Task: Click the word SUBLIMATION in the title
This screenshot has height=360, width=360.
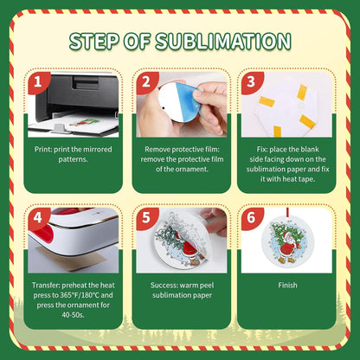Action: pyautogui.click(x=223, y=41)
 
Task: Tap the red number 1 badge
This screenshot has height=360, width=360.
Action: pyautogui.click(x=37, y=82)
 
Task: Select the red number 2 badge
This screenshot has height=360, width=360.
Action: pyautogui.click(x=145, y=82)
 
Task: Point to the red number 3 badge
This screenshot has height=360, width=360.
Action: pyautogui.click(x=251, y=82)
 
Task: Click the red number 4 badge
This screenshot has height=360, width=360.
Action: pyautogui.click(x=37, y=218)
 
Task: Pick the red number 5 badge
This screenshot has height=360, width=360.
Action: pyautogui.click(x=145, y=218)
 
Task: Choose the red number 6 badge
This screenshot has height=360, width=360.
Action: pyautogui.click(x=251, y=218)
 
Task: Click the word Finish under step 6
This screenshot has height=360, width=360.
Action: pyautogui.click(x=287, y=286)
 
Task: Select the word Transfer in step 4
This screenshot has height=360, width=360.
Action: pyautogui.click(x=46, y=286)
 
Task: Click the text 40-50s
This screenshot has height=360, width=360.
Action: pyautogui.click(x=73, y=315)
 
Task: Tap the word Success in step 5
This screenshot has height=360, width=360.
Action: pyautogui.click(x=164, y=286)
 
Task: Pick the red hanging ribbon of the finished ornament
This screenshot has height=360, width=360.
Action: pyautogui.click(x=287, y=214)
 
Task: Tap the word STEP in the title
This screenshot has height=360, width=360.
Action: pyautogui.click(x=94, y=41)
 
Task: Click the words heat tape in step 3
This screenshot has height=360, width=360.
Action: pyautogui.click(x=299, y=179)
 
